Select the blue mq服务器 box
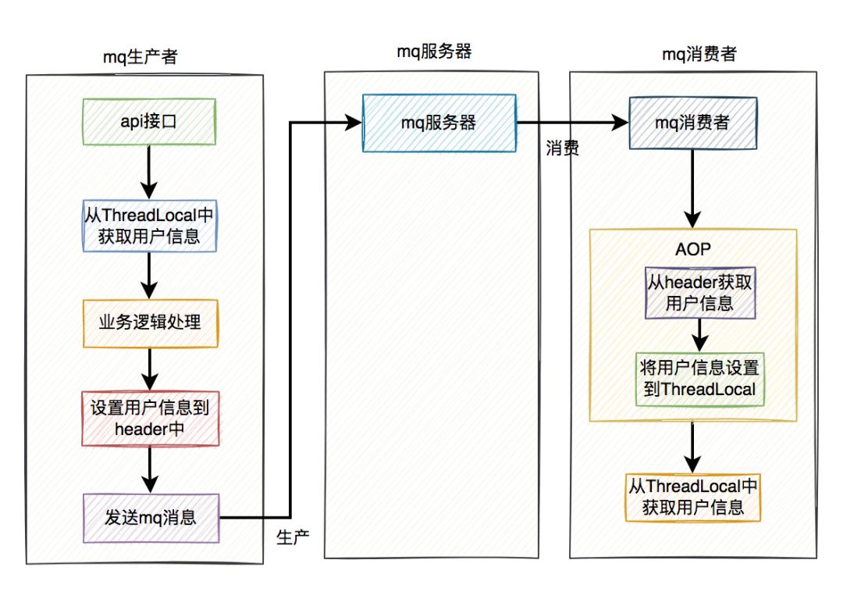(x=438, y=123)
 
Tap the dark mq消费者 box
(x=693, y=123)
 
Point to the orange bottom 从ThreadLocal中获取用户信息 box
(x=693, y=497)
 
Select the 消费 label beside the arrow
(x=562, y=149)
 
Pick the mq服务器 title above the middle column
(x=435, y=52)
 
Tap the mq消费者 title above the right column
(x=695, y=54)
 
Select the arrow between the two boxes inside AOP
(x=700, y=334)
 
